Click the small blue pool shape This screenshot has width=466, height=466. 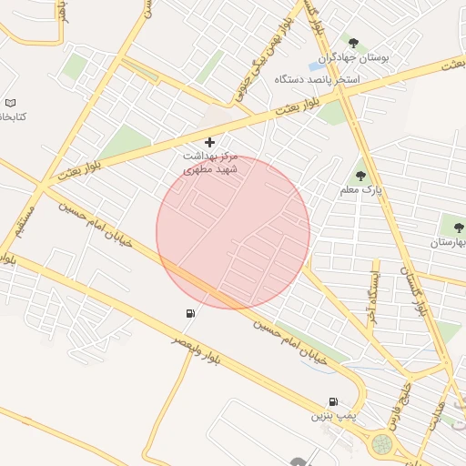[x=318, y=66]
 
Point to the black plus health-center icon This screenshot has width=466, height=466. [x=210, y=142]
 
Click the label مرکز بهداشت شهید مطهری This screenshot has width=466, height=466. [x=210, y=163]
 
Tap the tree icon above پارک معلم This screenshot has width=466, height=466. [x=361, y=175]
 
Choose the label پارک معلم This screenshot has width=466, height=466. [x=360, y=191]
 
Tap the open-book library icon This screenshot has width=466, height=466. [x=10, y=103]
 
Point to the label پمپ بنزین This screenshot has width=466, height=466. [x=331, y=416]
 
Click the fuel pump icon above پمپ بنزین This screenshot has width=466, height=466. [x=334, y=401]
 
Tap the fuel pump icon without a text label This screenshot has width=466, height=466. [x=189, y=314]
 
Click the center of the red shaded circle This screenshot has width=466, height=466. [x=233, y=233]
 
